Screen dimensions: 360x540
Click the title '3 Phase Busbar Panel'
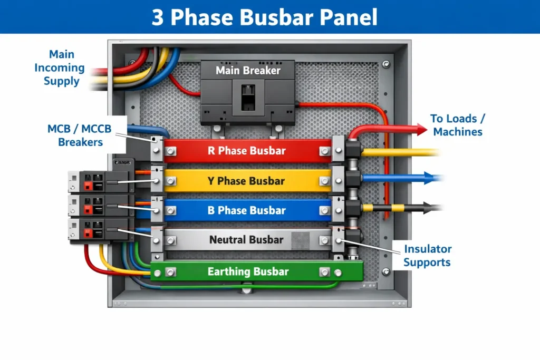pyautogui.click(x=264, y=17)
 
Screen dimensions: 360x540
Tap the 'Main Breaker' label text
pyautogui.click(x=248, y=70)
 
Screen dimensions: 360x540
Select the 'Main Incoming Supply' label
pyautogui.click(x=61, y=68)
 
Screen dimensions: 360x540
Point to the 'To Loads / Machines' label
pyautogui.click(x=457, y=125)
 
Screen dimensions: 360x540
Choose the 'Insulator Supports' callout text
pyautogui.click(x=427, y=255)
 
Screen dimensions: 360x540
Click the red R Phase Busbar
pyautogui.click(x=247, y=151)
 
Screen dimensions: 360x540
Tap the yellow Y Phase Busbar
pyautogui.click(x=247, y=181)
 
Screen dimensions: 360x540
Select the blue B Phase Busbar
pyautogui.click(x=247, y=210)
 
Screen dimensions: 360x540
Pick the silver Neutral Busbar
pyautogui.click(x=247, y=240)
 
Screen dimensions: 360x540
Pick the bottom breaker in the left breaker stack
pyautogui.click(x=98, y=230)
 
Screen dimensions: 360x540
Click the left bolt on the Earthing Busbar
pyautogui.click(x=170, y=273)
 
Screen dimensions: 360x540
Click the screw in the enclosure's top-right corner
pyautogui.click(x=387, y=64)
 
